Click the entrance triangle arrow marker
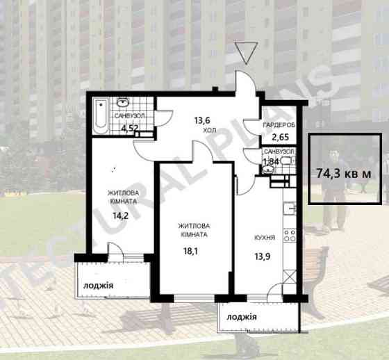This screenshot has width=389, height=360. [x=246, y=53]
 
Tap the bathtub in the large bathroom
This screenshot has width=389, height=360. [x=101, y=115]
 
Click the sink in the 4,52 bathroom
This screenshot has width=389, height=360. [x=122, y=102]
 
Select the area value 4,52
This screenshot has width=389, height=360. [x=129, y=128]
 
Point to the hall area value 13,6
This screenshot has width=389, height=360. [x=202, y=121]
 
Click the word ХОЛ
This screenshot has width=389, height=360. [x=210, y=131]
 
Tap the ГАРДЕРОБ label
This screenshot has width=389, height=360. [x=279, y=125]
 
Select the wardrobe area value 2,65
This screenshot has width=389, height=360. [x=281, y=137]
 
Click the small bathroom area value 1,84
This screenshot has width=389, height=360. [x=271, y=162]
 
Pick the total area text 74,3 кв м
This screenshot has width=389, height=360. [x=344, y=173]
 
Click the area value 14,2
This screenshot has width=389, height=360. [x=121, y=215]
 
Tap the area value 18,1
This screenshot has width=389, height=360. [x=190, y=252]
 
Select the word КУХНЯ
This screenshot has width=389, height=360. [x=265, y=238]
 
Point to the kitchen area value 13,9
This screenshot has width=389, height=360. [x=263, y=256]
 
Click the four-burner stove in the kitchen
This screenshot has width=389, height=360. [x=290, y=236]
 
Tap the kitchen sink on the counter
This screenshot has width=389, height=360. [x=290, y=208]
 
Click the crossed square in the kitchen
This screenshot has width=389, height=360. [x=290, y=277]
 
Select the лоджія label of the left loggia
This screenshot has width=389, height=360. [x=98, y=286]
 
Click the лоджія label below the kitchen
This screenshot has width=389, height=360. [x=242, y=317]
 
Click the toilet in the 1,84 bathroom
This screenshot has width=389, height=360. [x=288, y=161]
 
